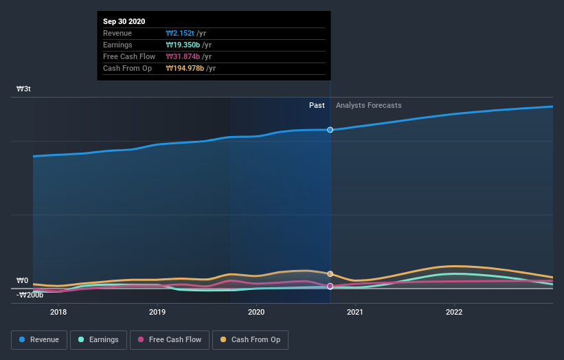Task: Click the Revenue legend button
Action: point(39,339)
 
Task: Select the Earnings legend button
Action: point(99,339)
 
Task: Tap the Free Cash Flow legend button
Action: point(170,339)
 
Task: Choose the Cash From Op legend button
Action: point(251,339)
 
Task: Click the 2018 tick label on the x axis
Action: point(58,311)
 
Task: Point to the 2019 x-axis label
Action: point(157,311)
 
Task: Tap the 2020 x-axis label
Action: point(256,311)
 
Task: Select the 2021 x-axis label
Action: point(355,311)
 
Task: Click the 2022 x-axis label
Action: point(454,311)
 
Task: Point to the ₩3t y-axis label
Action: point(23,89)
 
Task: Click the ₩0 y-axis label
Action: point(23,280)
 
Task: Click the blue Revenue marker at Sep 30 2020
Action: point(330,130)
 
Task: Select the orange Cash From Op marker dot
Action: point(330,273)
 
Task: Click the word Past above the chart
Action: point(317,105)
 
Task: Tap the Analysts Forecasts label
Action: point(368,105)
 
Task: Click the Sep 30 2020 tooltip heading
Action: point(124,22)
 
